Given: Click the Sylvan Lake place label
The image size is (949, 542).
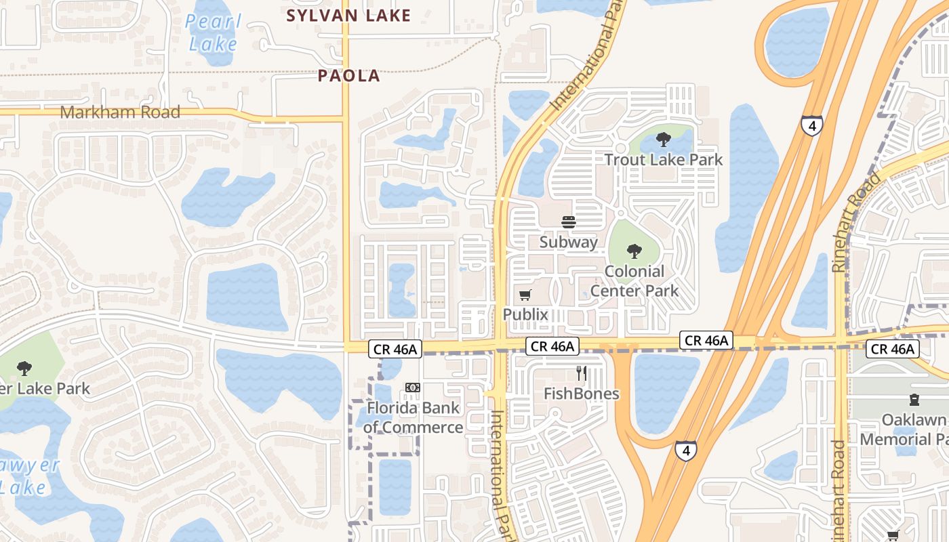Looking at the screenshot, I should [x=348, y=16].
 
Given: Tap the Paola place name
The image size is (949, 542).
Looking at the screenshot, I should [x=349, y=76].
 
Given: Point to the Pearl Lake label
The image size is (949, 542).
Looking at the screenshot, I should [x=213, y=33].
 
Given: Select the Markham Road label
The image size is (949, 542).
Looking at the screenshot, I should [x=121, y=112].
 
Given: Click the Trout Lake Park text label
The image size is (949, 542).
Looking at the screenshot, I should [x=663, y=160].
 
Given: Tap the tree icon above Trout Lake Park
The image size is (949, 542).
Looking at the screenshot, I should [x=663, y=140].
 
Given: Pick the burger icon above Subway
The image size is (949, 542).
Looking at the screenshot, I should [x=568, y=222].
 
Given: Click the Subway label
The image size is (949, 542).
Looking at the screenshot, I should [x=568, y=242].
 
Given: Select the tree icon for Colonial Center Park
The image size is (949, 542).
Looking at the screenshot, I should [x=634, y=251].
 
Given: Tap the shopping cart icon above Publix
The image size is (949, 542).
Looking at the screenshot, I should [x=525, y=295].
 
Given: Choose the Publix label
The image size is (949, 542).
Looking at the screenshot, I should [x=525, y=314].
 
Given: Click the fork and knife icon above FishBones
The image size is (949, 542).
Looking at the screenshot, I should [x=581, y=373].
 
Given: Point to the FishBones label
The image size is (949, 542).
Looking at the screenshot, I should [x=581, y=394].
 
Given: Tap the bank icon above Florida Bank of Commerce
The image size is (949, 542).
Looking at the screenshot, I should [x=412, y=388].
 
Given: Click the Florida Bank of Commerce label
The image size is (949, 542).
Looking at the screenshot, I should [x=413, y=417].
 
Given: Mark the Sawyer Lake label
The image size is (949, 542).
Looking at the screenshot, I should [x=27, y=476].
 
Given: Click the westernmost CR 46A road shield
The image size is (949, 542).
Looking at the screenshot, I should [x=395, y=349].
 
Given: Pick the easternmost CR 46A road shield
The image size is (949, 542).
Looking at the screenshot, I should [x=892, y=349].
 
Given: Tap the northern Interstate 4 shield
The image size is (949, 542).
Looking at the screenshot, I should [x=811, y=125].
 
